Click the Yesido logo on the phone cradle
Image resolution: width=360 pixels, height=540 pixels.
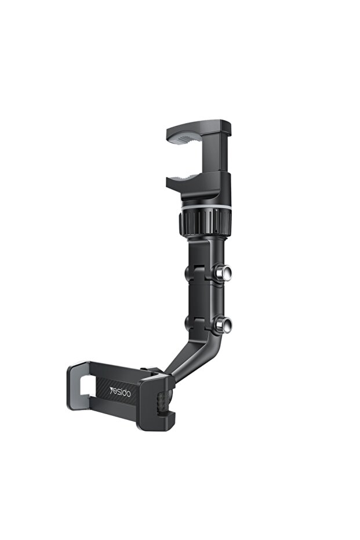click(x=120, y=392)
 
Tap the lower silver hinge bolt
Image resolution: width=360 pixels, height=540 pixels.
click(x=223, y=324)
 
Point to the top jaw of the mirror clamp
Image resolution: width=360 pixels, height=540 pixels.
click(x=198, y=129)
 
